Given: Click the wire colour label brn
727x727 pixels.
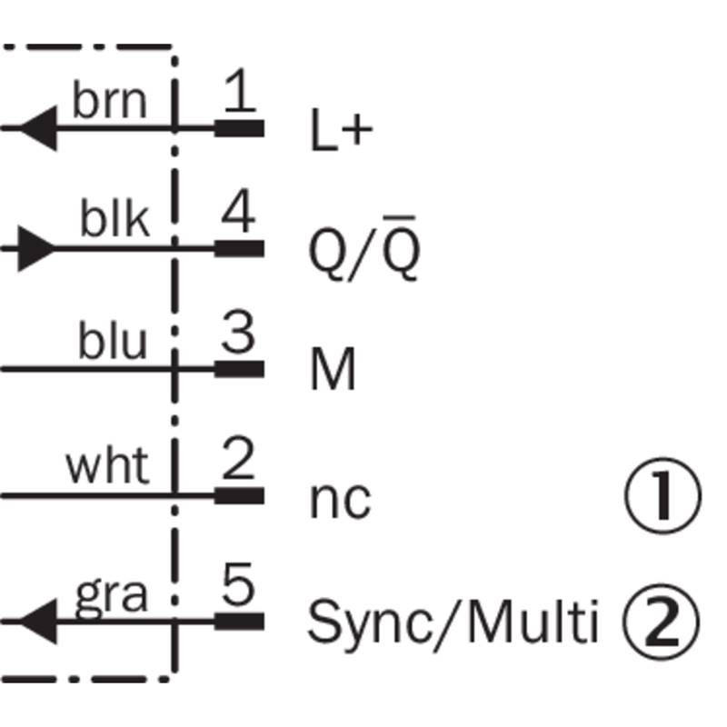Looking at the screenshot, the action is pos(109,101).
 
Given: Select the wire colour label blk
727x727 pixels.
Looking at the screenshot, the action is pos(115,218).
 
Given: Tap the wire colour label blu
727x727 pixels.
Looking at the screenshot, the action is pos(113,340).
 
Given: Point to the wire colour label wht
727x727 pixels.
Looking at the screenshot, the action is pos(107,466).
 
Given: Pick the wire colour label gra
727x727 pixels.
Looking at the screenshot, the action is pos(111,596).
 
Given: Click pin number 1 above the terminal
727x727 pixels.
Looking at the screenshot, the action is pos(240,90).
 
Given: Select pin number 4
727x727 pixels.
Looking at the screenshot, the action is pos(238,211).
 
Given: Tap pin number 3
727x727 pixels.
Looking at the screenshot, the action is pos(238,332).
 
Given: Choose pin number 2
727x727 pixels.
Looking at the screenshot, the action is pos(238,458).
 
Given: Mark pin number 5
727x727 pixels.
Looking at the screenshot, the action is pos(238,583).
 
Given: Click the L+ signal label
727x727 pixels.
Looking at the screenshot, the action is pos(342,129).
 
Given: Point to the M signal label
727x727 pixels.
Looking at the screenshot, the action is pos(333,369).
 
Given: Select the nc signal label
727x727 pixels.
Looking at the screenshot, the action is pos(340,501).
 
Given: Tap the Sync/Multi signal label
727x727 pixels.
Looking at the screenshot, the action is pos(453,623).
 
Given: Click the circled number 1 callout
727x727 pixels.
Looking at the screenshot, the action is pos(663,495).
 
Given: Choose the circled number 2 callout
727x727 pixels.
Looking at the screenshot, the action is pos(661,622).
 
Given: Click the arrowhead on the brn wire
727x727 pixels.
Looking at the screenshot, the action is pos(38,128).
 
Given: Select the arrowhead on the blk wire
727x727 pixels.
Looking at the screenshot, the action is pos(36,248).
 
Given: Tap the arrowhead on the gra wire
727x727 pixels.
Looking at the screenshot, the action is pos(38,622).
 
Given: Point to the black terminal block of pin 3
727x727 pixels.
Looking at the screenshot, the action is pos(239,370).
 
